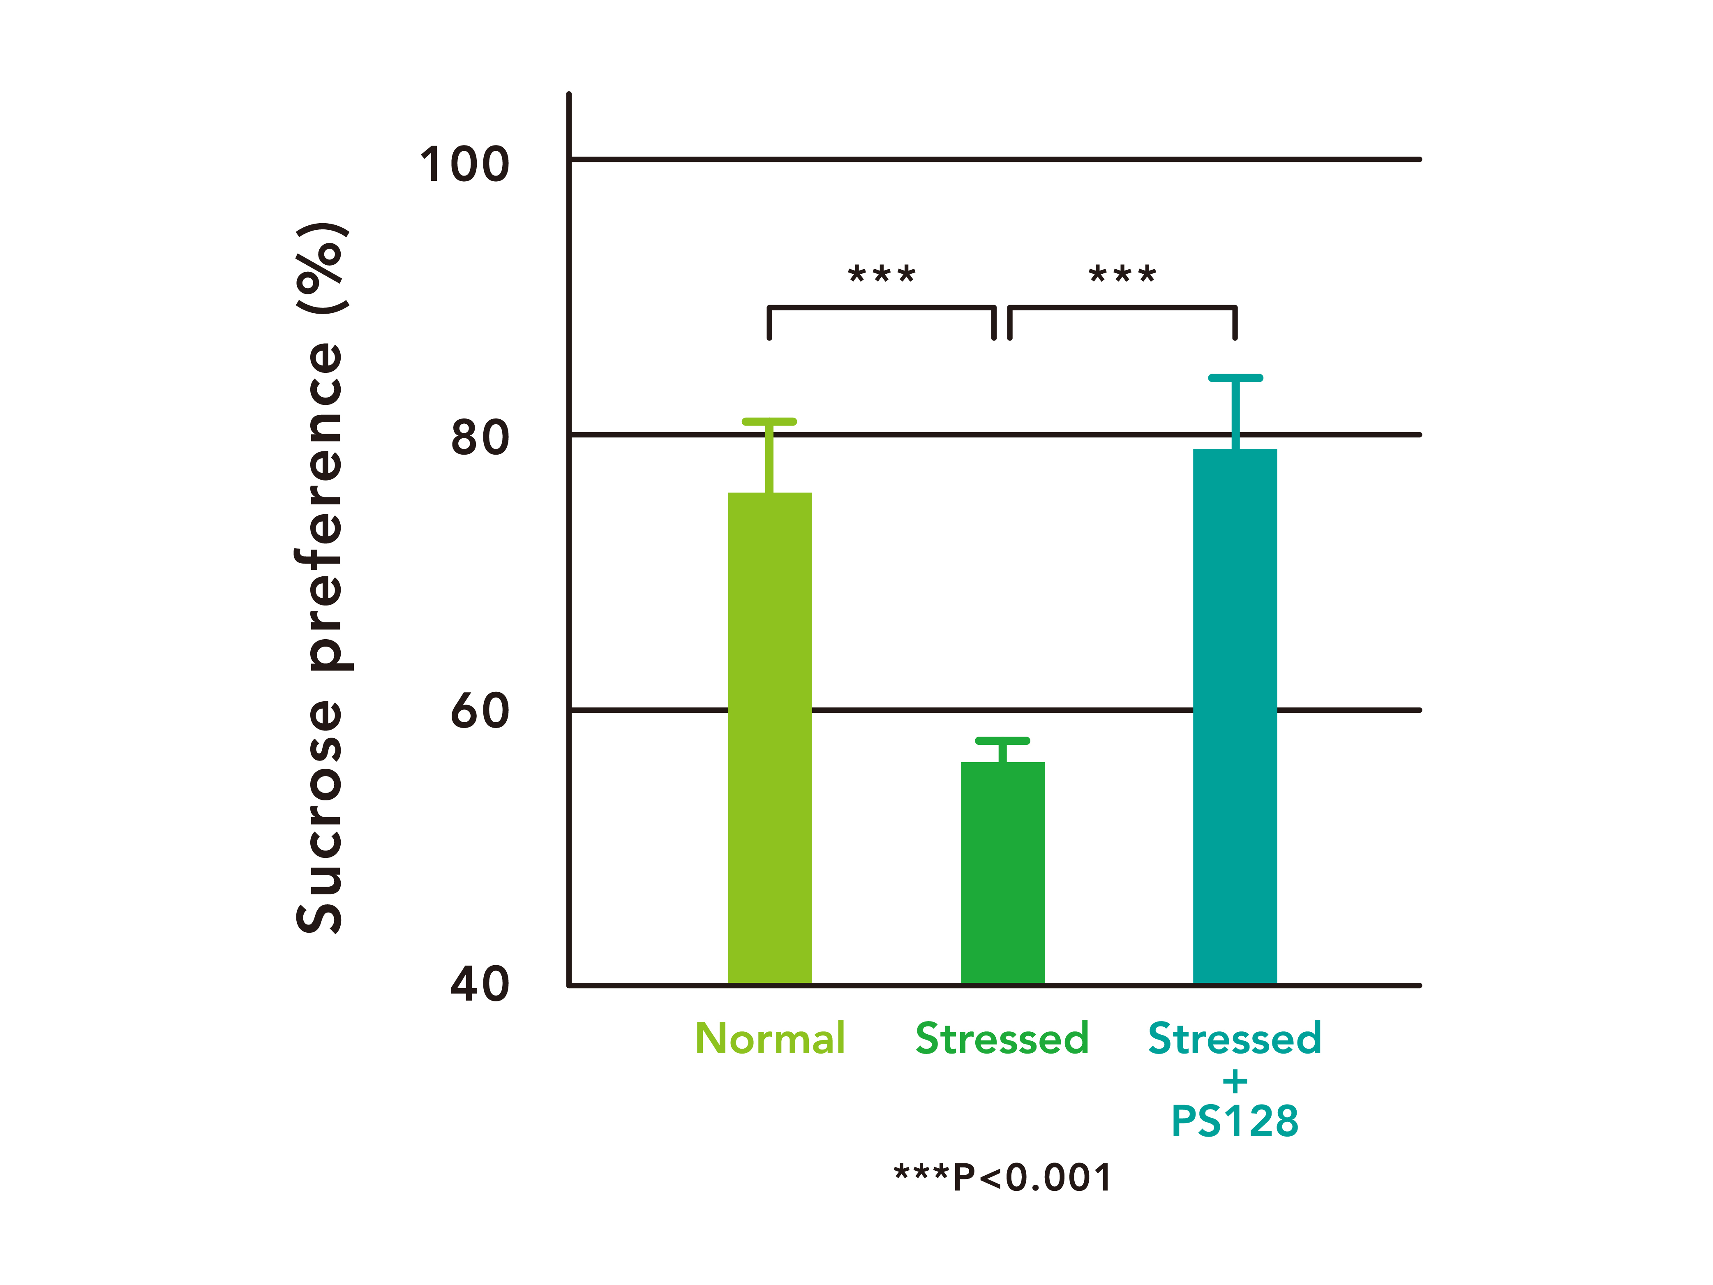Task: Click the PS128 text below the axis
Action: pos(1235,1121)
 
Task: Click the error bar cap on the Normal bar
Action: pos(769,421)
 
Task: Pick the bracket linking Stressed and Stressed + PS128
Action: pos(1122,308)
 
